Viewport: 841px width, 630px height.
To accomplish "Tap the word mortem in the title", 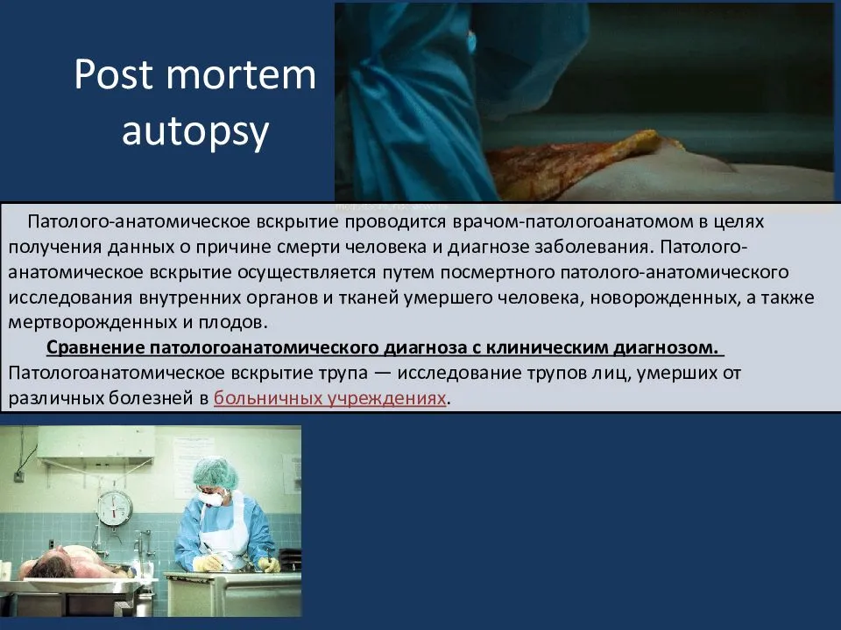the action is (242, 74).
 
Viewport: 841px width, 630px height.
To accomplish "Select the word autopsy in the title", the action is (195, 132).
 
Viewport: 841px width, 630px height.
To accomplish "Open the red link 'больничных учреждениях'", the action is (330, 398).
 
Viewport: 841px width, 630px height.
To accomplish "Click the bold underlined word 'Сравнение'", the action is (95, 347).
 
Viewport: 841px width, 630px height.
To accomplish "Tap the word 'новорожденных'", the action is (663, 297).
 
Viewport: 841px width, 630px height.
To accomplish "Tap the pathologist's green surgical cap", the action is (216, 473).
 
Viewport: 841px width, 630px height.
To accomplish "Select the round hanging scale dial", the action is (115, 508).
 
